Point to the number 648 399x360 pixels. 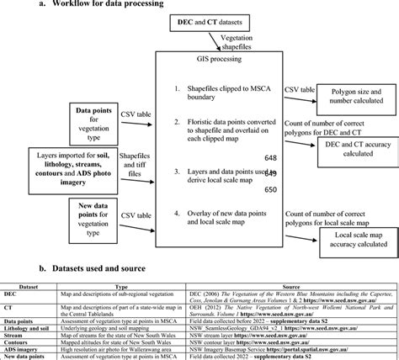[x=271, y=157]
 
